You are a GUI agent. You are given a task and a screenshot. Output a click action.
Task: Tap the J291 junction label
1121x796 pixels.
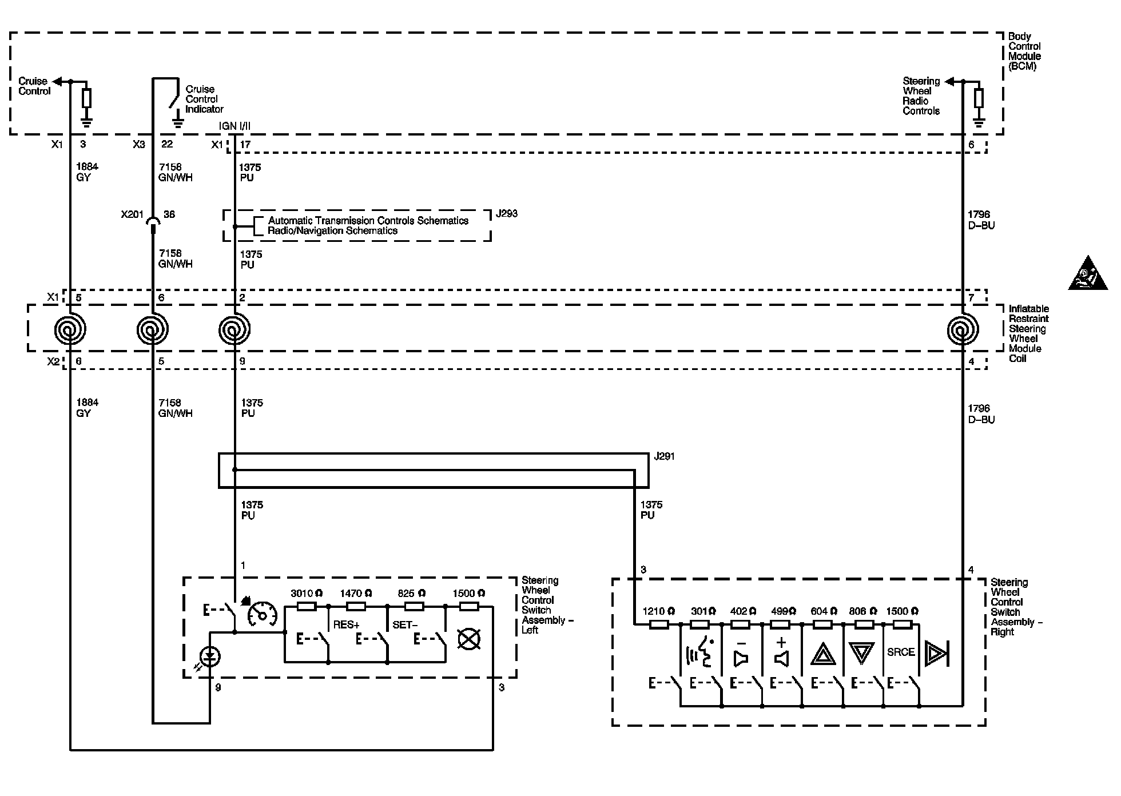(664, 457)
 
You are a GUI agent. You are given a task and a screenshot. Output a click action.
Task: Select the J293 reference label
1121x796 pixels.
(506, 214)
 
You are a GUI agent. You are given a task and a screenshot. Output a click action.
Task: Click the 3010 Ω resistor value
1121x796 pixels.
(306, 594)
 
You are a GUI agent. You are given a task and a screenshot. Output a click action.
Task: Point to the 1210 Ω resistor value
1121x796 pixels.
(658, 611)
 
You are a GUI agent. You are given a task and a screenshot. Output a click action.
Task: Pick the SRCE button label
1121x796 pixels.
(901, 652)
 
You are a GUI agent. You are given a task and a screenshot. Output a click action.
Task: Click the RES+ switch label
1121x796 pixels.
(346, 625)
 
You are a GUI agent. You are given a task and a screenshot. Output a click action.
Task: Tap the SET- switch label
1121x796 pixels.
(405, 625)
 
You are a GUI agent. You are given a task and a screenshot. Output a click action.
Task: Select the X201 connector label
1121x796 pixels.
(132, 214)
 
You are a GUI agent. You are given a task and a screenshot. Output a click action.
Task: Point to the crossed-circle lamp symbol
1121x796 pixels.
(469, 639)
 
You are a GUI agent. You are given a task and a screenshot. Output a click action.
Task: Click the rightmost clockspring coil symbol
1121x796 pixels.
(963, 330)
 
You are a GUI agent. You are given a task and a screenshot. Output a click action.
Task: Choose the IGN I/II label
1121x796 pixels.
(234, 126)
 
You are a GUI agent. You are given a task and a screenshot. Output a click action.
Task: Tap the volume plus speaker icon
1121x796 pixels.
(781, 652)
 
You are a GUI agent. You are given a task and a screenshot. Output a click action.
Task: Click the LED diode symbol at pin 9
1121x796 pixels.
(211, 658)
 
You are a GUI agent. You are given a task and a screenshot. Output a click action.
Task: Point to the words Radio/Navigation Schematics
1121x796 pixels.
(333, 231)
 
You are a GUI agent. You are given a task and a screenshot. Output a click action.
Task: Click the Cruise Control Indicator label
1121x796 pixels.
(204, 99)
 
